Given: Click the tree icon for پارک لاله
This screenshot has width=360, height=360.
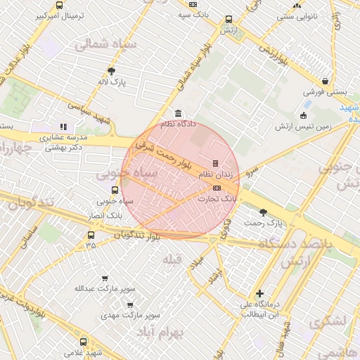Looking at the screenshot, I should (111, 70).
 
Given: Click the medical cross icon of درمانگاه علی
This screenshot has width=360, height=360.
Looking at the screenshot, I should (260, 293).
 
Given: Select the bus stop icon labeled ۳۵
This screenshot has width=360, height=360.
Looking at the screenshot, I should (91, 235).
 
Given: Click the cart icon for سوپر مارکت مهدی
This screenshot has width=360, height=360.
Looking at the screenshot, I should (130, 305).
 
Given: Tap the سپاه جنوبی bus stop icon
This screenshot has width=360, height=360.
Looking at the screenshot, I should (115, 190).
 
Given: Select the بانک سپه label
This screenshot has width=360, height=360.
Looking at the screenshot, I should (193, 14).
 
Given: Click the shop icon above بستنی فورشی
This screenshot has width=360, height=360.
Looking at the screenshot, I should (325, 81).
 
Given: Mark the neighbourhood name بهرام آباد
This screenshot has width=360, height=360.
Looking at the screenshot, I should (160, 330).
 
